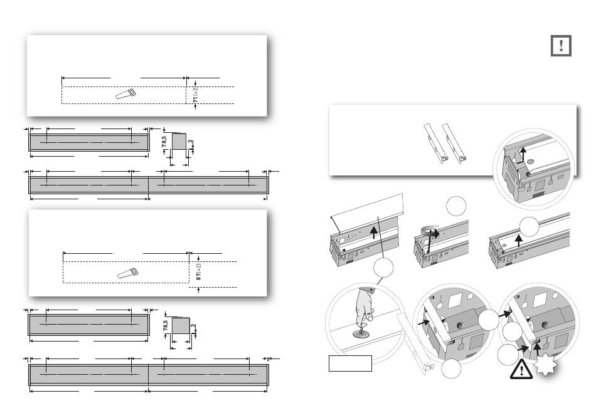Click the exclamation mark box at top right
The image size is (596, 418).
coord(562,46)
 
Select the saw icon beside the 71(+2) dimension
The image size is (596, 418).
coord(125,93)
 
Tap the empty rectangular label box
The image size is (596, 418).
coord(350,363)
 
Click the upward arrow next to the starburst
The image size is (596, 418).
coord(538,357)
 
